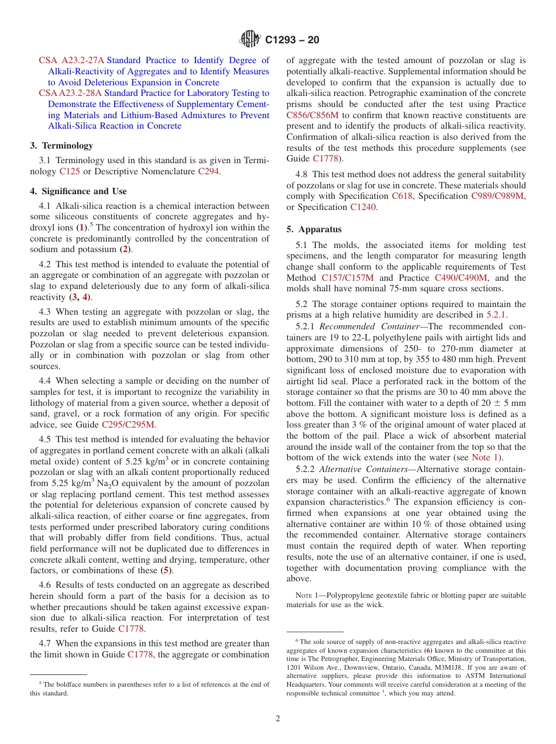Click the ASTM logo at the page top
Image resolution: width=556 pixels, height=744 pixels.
pyautogui.click(x=250, y=40)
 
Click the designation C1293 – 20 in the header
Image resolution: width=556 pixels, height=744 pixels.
pyautogui.click(x=292, y=40)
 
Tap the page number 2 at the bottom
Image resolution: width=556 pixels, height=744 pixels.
pyautogui.click(x=278, y=719)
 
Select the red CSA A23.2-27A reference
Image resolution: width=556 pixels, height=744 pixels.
pyautogui.click(x=71, y=60)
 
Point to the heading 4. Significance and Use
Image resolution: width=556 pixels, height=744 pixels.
pyautogui.click(x=78, y=191)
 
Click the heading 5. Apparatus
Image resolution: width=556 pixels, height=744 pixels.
pyautogui.click(x=314, y=229)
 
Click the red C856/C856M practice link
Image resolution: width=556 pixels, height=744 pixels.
pyautogui.click(x=313, y=115)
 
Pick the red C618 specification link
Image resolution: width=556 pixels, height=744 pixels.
pyautogui.click(x=403, y=196)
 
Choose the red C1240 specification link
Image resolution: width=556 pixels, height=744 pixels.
pyautogui.click(x=363, y=207)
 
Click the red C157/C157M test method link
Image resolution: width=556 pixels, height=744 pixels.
pyautogui.click(x=349, y=278)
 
